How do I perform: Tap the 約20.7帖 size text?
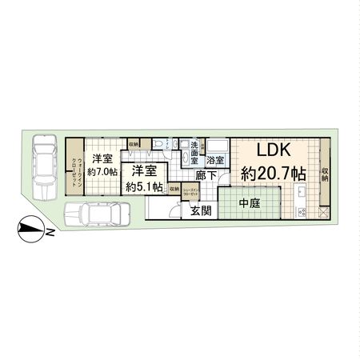(272, 172)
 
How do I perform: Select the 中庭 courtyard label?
(250, 203)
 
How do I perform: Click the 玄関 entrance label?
(201, 210)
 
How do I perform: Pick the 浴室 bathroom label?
(215, 160)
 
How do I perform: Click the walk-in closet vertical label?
(73, 171)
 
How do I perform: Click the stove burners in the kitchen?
(303, 212)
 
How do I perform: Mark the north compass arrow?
(32, 232)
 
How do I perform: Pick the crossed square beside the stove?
(323, 214)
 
